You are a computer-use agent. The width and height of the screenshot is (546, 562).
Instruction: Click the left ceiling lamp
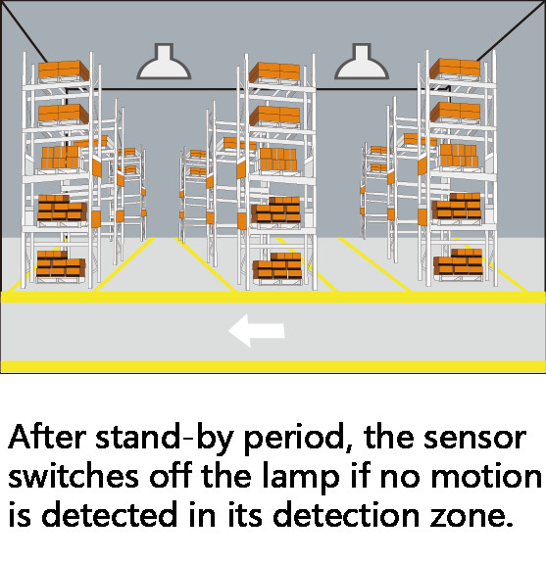(164, 62)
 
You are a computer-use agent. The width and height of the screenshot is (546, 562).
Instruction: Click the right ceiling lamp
(362, 62)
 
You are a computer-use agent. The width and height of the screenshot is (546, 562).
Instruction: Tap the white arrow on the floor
(257, 331)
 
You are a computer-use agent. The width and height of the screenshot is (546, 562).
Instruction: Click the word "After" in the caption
(47, 438)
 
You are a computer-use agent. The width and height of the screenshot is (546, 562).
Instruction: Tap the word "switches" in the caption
(74, 476)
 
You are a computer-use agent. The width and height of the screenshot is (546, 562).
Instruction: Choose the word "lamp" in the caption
(301, 478)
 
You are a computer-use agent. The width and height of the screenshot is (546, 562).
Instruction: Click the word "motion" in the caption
(486, 477)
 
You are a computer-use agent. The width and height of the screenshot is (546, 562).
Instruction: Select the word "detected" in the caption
(110, 514)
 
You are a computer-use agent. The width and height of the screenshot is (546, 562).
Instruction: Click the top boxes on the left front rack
(64, 70)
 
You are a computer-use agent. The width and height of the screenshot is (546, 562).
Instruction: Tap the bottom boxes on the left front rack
(61, 263)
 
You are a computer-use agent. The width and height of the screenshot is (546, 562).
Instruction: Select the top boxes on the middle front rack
(274, 71)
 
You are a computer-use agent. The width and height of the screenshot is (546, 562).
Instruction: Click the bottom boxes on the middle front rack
(277, 265)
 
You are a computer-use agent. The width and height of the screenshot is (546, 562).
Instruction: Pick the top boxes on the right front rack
(455, 68)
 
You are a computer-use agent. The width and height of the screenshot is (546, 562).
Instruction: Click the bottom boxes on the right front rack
(458, 262)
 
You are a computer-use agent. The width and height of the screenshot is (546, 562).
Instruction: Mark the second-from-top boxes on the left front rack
(64, 114)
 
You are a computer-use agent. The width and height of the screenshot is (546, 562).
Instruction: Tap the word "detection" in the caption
(346, 514)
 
